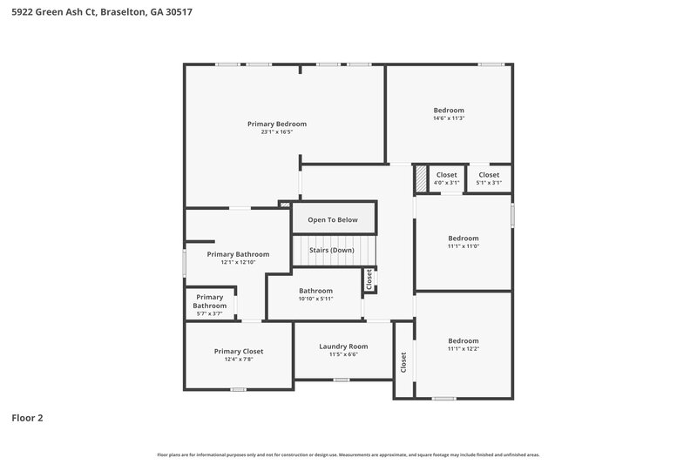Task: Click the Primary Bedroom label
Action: [277, 124]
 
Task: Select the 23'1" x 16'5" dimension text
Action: [277, 132]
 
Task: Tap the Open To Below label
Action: [333, 219]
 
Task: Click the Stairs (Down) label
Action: [333, 250]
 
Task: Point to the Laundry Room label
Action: [343, 346]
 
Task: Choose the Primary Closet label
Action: [239, 351]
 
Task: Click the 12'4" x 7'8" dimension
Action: [239, 359]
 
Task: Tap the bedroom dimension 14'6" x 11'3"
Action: [449, 118]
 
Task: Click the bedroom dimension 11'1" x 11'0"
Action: [464, 246]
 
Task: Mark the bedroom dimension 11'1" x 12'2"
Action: [464, 349]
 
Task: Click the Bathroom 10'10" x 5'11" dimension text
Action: [315, 299]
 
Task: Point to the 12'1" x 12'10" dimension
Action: [238, 263]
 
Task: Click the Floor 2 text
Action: [27, 418]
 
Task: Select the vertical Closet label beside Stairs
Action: [369, 279]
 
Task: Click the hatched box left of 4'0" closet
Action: [421, 178]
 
